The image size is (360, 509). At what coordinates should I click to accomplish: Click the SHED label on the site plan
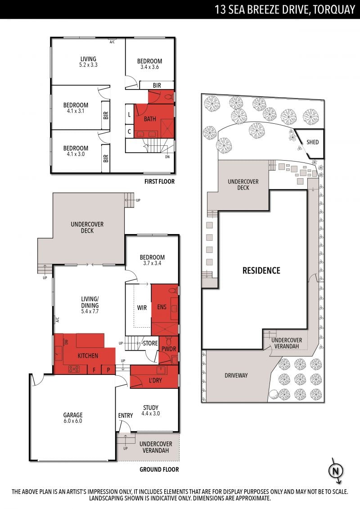tap(313, 142)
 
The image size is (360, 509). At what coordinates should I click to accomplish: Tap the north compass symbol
tap(336, 471)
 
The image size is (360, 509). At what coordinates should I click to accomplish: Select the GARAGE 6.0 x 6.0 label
tap(73, 418)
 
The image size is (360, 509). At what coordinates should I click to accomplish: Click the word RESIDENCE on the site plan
tap(261, 270)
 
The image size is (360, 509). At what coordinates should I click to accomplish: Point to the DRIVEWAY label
tap(236, 375)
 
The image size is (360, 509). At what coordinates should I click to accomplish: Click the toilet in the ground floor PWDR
tap(168, 341)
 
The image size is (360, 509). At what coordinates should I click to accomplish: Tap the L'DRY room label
tap(155, 380)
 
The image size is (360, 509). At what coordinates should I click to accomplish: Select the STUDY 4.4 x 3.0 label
tap(151, 410)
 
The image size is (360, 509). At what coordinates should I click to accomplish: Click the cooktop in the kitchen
tap(74, 369)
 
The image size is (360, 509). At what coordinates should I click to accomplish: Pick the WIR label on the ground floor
tap(142, 307)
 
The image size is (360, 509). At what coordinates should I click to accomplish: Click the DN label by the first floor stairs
tap(167, 157)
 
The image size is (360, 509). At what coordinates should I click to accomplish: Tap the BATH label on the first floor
tap(150, 119)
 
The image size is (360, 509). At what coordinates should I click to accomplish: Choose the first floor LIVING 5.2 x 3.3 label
tap(88, 62)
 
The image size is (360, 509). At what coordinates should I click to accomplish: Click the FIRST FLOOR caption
tap(159, 181)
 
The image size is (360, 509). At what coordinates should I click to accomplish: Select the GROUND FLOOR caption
tap(159, 469)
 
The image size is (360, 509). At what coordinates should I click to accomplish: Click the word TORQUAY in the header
tap(334, 9)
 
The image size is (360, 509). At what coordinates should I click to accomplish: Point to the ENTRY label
tap(126, 415)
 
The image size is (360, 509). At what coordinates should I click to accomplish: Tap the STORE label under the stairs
tap(150, 343)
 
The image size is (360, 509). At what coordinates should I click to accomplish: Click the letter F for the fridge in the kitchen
tap(94, 370)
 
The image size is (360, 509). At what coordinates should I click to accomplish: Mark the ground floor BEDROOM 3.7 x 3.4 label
tap(152, 260)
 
